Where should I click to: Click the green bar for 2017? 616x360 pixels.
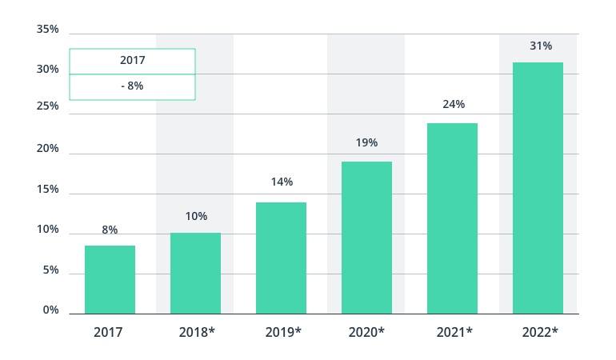coord(110,279)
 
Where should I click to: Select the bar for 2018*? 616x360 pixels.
coord(195,273)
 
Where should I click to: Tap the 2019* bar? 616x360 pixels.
coord(281,258)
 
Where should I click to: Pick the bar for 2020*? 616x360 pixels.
coord(366,238)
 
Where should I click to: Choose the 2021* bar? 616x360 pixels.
coord(452,218)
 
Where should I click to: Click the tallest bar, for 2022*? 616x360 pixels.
coord(538,188)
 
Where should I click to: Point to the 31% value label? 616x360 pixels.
coord(541,46)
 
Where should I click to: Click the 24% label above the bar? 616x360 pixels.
coord(454,105)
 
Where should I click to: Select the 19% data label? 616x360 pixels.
coord(366,143)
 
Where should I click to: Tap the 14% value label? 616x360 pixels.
coord(282,182)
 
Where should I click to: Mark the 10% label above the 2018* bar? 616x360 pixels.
coord(196,217)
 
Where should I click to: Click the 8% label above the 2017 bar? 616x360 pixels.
coord(110,230)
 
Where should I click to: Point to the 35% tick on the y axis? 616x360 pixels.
coord(47,30)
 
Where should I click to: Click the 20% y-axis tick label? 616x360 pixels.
coord(47,149)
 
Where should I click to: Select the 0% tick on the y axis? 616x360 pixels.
coord(50,310)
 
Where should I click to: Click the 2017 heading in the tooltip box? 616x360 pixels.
coord(132,61)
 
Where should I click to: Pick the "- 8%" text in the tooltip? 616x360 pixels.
coord(132,86)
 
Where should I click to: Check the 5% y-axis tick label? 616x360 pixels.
coord(50,270)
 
